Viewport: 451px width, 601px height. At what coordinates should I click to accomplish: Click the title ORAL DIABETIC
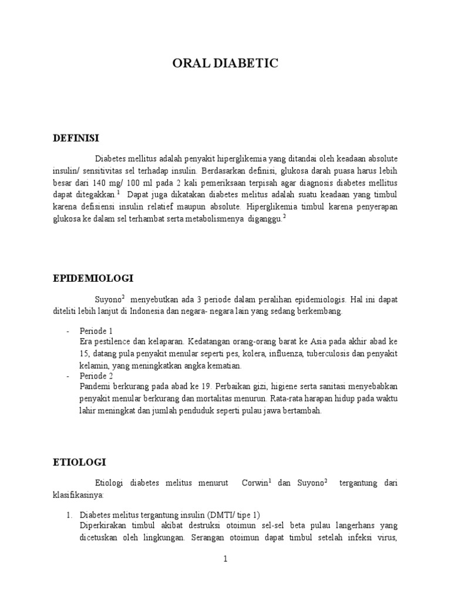[x=225, y=64]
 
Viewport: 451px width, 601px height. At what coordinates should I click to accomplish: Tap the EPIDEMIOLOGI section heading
[x=93, y=278]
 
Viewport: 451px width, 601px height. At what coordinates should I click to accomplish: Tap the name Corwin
[x=254, y=483]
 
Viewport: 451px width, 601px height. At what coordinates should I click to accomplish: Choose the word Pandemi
[x=96, y=387]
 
